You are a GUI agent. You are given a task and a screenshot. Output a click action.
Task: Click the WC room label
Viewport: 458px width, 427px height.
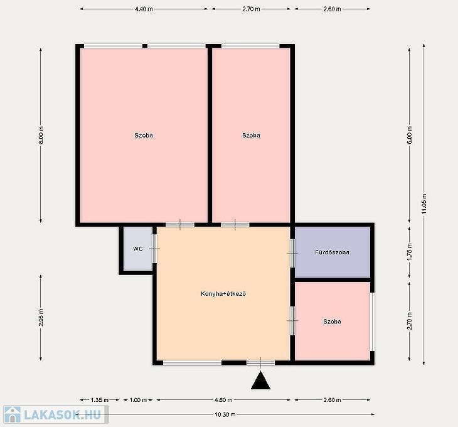(x=138, y=249)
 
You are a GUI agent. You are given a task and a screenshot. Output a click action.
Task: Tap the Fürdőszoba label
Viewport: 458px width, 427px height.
(x=332, y=252)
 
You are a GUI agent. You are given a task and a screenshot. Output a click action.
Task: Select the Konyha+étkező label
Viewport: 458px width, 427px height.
(x=223, y=294)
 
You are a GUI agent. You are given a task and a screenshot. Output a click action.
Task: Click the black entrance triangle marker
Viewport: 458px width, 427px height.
(x=260, y=381)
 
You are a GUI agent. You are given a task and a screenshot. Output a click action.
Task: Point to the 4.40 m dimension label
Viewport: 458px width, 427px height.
(x=144, y=9)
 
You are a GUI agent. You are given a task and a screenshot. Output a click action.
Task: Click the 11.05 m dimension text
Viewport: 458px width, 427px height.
(x=424, y=203)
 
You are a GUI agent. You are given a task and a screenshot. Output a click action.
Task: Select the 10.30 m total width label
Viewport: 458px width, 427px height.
(x=225, y=414)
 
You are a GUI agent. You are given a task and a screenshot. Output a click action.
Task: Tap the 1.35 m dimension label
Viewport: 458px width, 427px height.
(x=100, y=400)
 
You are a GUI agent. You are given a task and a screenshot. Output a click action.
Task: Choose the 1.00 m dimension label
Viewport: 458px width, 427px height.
(x=137, y=400)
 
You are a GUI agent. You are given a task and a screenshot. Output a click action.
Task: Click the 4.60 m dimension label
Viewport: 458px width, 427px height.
(x=223, y=400)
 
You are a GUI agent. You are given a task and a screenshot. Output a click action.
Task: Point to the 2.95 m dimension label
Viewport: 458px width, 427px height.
(x=41, y=317)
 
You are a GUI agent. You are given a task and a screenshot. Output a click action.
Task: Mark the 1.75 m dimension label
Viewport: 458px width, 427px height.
(x=410, y=252)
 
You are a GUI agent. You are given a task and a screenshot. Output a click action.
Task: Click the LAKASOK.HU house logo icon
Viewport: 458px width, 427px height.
(x=13, y=414)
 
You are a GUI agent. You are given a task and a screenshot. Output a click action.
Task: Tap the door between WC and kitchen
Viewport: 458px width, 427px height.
(x=154, y=249)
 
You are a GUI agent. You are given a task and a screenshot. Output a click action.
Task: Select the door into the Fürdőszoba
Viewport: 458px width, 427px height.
(x=292, y=253)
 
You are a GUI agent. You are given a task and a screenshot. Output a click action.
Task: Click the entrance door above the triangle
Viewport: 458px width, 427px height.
(x=260, y=363)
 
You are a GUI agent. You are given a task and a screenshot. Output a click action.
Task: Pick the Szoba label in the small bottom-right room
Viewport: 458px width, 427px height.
(x=332, y=322)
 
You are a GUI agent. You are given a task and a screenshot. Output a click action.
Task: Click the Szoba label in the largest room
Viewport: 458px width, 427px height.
(x=144, y=135)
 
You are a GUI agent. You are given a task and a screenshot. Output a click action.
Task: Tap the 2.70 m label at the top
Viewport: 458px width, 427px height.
(x=251, y=9)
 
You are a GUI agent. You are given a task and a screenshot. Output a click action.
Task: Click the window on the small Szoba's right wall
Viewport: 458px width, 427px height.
(x=373, y=322)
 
